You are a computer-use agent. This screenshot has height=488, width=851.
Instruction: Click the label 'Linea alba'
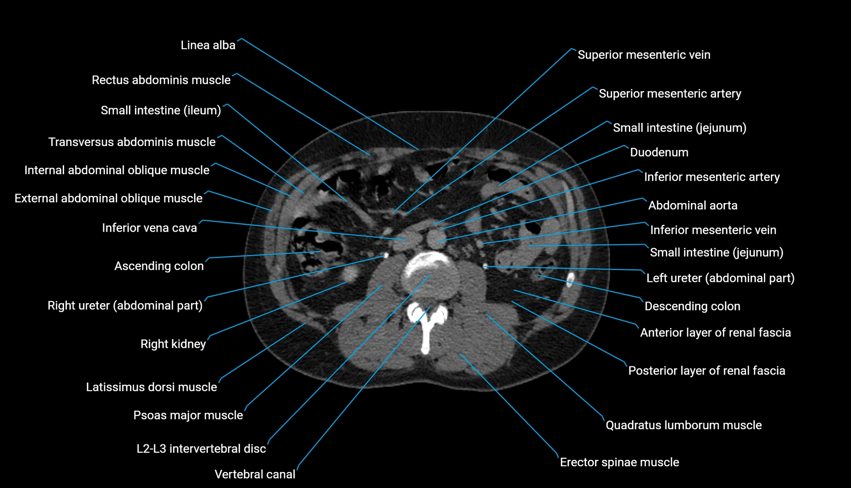click(x=208, y=45)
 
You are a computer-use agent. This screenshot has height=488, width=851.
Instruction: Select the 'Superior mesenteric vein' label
click(x=644, y=55)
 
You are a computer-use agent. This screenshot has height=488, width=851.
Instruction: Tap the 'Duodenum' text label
click(x=659, y=152)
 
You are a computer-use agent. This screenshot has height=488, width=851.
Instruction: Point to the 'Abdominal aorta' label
click(x=693, y=205)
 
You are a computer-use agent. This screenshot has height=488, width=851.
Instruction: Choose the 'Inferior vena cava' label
click(x=149, y=228)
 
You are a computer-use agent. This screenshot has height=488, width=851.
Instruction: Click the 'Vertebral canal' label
click(x=255, y=474)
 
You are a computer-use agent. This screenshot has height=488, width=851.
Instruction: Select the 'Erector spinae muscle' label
click(x=619, y=462)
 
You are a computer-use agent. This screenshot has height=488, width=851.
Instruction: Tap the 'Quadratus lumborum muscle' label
click(x=683, y=425)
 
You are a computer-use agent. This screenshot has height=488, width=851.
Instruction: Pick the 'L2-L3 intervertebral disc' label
click(x=201, y=448)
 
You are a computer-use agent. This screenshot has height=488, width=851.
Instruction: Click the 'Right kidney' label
click(x=173, y=344)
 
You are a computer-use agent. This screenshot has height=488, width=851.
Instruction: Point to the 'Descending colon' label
click(x=692, y=306)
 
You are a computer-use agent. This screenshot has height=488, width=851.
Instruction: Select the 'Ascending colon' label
click(x=159, y=266)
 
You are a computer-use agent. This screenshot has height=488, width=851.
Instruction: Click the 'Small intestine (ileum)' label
click(x=161, y=110)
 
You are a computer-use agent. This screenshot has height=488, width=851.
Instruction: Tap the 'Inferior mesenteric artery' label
click(x=712, y=177)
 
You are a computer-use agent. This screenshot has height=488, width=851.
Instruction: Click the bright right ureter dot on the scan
click(x=386, y=256)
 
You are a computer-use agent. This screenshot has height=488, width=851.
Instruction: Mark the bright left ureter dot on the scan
click(x=485, y=266)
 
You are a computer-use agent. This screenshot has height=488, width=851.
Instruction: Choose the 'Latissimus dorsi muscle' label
click(x=151, y=387)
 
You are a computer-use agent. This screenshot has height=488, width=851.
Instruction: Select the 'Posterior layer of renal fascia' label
click(x=706, y=370)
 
